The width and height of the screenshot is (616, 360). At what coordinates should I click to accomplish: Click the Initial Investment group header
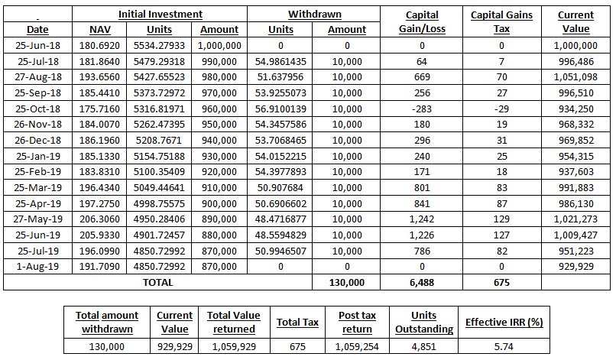pyautogui.click(x=160, y=15)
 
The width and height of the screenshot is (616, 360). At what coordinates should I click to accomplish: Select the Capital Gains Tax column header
pyautogui.click(x=501, y=22)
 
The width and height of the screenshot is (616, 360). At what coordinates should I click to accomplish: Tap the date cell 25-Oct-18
pyautogui.click(x=37, y=109)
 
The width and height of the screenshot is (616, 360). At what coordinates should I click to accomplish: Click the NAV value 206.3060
pyautogui.click(x=99, y=219)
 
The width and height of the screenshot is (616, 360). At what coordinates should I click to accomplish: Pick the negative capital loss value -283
pyautogui.click(x=422, y=109)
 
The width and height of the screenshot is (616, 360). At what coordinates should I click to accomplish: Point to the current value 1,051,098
pyautogui.click(x=575, y=77)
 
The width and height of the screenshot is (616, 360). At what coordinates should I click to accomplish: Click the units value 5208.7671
pyautogui.click(x=159, y=141)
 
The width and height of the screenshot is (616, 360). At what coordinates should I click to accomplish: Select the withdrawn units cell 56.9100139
pyautogui.click(x=280, y=109)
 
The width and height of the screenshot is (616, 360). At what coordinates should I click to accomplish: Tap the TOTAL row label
pyautogui.click(x=158, y=283)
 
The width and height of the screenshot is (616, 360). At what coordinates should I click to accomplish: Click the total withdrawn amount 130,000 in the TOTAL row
pyautogui.click(x=347, y=283)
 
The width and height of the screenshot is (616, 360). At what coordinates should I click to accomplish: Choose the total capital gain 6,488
pyautogui.click(x=422, y=283)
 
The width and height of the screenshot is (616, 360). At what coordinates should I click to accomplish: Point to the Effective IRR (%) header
pyautogui.click(x=504, y=323)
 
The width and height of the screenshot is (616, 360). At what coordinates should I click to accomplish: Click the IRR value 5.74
pyautogui.click(x=504, y=347)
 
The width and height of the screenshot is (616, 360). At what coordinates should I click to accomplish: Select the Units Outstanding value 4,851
pyautogui.click(x=424, y=347)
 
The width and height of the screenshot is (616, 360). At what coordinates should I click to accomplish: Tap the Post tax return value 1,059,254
pyautogui.click(x=357, y=347)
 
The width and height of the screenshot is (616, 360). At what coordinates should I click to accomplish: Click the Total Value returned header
pyautogui.click(x=234, y=323)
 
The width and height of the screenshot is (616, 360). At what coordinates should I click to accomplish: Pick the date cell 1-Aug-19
pyautogui.click(x=37, y=267)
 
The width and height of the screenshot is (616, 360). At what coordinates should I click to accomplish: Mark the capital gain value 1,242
pyautogui.click(x=422, y=219)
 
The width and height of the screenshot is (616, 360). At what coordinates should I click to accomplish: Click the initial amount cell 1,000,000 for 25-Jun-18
pyautogui.click(x=219, y=46)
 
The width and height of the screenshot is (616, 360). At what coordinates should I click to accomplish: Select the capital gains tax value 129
pyautogui.click(x=501, y=219)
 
